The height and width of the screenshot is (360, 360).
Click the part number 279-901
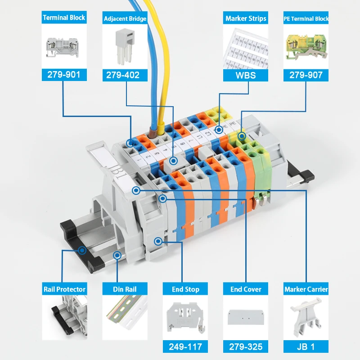tap(64, 75)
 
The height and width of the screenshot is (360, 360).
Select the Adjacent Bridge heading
tap(125, 18)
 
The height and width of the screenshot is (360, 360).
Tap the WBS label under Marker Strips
tap(246, 75)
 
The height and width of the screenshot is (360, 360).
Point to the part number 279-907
tap(306, 75)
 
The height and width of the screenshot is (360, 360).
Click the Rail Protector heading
tap(64, 289)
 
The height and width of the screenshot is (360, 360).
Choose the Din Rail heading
tap(125, 289)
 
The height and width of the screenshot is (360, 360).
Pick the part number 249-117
tap(185, 346)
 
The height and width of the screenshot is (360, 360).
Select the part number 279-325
tap(246, 346)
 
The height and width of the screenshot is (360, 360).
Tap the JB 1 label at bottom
tap(306, 346)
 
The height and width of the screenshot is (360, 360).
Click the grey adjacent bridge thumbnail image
tap(125, 46)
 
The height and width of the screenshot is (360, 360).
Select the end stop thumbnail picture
tap(185, 318)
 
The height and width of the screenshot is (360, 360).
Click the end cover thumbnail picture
tap(246, 317)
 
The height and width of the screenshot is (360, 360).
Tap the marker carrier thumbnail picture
tap(306, 317)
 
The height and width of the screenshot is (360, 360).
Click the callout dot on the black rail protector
tap(82, 250)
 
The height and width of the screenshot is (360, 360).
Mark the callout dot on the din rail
tap(117, 255)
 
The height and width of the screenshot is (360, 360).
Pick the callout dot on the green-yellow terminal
tap(242, 136)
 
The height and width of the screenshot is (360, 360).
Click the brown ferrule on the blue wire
tap(152, 133)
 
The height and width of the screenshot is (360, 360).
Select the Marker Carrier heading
tap(306, 289)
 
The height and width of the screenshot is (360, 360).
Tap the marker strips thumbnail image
tap(246, 48)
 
